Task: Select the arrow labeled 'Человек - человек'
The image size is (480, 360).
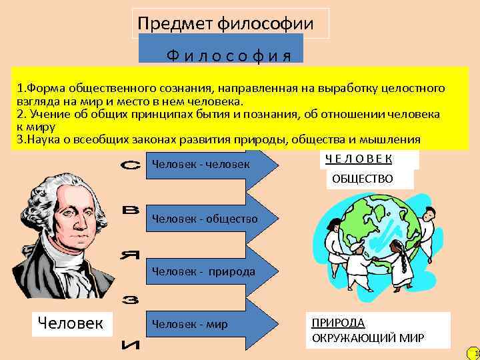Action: coord(210,165)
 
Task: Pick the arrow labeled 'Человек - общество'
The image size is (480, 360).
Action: coord(210,218)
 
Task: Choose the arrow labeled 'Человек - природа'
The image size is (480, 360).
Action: coord(210,271)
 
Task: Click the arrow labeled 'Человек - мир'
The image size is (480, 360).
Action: coord(210,325)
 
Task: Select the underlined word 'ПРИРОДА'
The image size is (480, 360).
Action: coord(338,322)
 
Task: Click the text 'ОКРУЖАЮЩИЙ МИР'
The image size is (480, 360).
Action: coord(368,338)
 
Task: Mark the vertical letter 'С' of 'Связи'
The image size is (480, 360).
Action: coord(132,165)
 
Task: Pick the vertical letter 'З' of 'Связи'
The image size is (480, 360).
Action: coord(132,300)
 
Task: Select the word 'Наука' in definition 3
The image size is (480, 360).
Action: coord(42,139)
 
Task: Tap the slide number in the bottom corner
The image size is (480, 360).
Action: coord(475,353)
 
